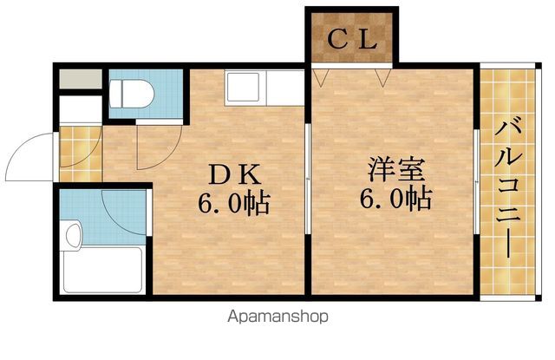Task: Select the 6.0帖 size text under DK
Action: (x=232, y=204)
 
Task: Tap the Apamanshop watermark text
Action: (x=277, y=317)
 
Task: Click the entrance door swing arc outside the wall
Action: (x=26, y=156)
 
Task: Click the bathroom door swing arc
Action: (x=121, y=208)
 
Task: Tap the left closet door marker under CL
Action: (x=321, y=79)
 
